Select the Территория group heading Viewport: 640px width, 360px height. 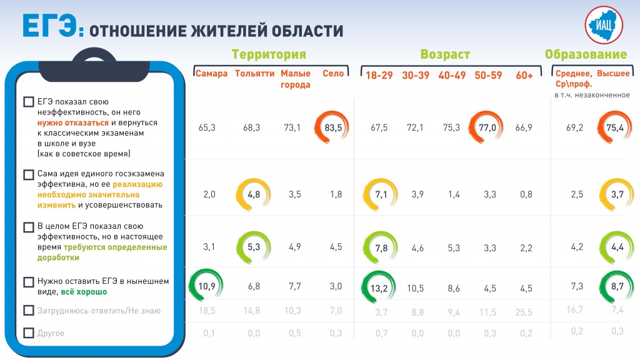[269, 54]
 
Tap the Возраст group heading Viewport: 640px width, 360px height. [445, 54]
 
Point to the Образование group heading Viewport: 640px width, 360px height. [586, 54]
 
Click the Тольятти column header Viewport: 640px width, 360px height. [254, 74]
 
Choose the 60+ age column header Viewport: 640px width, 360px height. [524, 76]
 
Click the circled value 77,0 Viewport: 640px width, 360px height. [487, 127]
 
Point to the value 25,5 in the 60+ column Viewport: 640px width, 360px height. [525, 312]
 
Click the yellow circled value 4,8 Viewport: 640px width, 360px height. [254, 194]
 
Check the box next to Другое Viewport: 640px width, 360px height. [28, 333]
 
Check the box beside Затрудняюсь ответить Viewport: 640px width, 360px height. [28, 311]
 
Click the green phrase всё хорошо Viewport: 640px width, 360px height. [84, 292]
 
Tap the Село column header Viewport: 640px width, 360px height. [333, 74]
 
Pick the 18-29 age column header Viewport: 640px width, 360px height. [379, 76]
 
